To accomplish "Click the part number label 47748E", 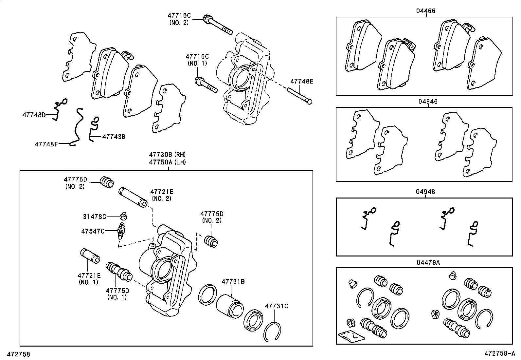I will tap(302, 81).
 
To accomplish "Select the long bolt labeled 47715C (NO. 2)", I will tap(218, 25).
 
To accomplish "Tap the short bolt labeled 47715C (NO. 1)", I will tap(206, 85).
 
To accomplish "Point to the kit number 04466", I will tap(426, 11).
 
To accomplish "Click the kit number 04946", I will tap(427, 102).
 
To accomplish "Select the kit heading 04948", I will tap(426, 192).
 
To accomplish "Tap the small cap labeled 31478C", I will tap(123, 216).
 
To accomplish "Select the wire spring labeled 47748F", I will tap(77, 128).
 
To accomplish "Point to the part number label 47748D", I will tap(34, 115).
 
